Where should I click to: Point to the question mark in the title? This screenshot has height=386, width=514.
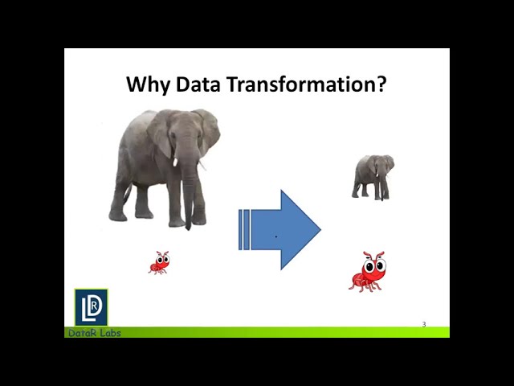point(381,84)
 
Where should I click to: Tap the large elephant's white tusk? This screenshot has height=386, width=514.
point(175,162)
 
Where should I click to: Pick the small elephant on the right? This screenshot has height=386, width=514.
point(373,176)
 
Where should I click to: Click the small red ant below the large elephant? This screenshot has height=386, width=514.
point(159,262)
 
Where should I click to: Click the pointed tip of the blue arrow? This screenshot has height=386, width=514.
point(320,230)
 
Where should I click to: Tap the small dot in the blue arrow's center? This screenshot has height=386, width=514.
point(276,236)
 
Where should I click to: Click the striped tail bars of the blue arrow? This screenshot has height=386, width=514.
point(244,229)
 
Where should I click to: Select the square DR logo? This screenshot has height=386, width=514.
point(91,307)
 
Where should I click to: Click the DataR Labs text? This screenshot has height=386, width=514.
point(94,333)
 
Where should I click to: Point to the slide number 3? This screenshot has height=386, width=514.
point(424,325)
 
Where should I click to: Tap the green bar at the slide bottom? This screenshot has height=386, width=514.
point(281,332)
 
